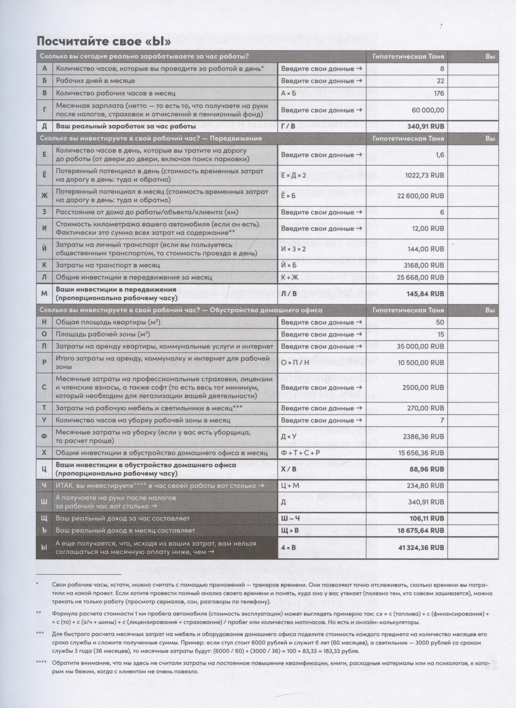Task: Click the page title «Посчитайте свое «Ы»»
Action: (104, 41)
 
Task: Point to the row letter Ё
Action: (44, 175)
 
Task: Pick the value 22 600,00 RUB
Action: (421, 196)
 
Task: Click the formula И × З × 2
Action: (294, 249)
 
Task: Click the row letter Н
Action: (44, 322)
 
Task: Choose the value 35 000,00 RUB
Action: (421, 347)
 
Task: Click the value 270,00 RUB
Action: (425, 408)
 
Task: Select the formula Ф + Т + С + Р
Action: (300, 453)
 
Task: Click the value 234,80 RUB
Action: (425, 486)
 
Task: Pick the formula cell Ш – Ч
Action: (290, 518)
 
